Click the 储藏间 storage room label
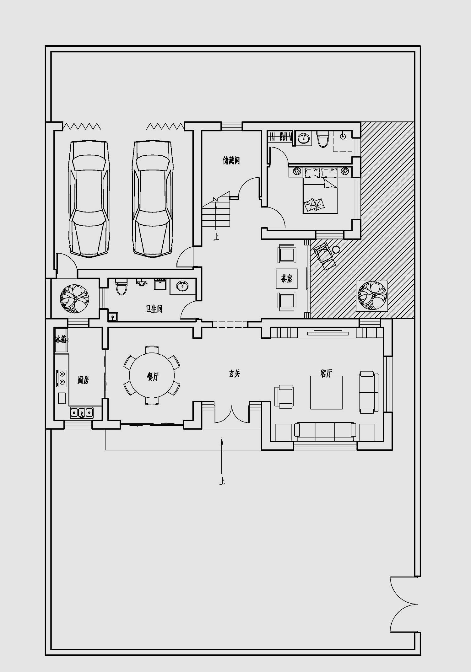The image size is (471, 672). pos(231,161)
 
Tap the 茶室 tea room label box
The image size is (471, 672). pos(286,278)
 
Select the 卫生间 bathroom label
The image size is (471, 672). pos(154,309)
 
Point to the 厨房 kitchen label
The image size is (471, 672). pos(83,380)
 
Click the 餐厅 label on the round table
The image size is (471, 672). pos(153,376)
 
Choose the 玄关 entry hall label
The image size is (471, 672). pos(234,374)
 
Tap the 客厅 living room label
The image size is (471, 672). pos(326,373)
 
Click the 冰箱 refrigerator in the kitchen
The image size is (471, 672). pos(61,340)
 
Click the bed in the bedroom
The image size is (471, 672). pos(320,191)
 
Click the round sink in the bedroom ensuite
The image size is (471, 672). pos(304,138)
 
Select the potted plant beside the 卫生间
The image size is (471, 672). pos(74,298)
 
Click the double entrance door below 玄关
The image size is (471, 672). pos(231,414)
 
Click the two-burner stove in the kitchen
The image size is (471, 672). pos(62,378)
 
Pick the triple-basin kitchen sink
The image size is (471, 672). pos(82,413)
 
